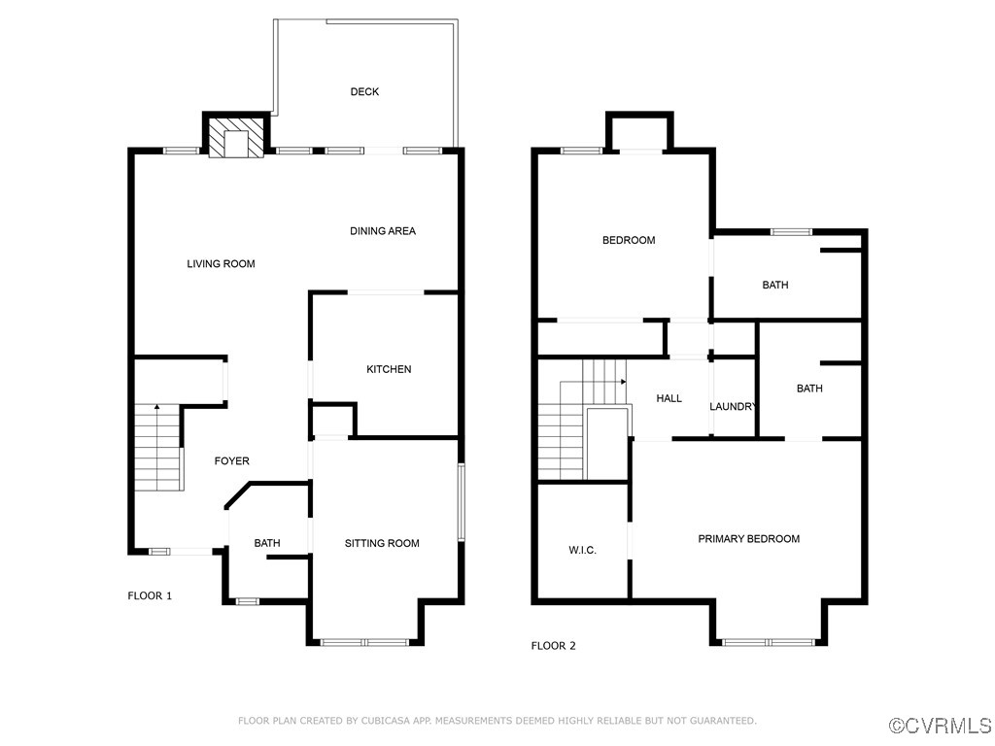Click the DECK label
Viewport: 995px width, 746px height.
coord(364,92)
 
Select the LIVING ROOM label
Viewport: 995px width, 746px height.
coord(221,264)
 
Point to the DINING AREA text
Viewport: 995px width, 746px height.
coord(383,231)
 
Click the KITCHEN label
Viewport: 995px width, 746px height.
coord(389,369)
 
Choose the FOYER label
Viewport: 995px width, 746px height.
coord(231,461)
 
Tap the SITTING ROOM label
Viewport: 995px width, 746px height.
coord(382,543)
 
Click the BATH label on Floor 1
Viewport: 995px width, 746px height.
coord(267,543)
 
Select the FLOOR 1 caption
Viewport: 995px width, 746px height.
coord(150,595)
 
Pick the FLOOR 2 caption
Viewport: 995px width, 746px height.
coord(553,646)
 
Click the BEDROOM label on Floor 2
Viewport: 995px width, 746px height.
coord(629,241)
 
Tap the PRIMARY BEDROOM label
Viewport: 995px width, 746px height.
coord(748,539)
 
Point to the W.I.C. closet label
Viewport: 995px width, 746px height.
coord(582,551)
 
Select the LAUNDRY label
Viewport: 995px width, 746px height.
coord(733,407)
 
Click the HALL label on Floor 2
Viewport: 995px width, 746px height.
coord(669,398)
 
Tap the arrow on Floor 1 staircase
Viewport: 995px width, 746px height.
coord(157,408)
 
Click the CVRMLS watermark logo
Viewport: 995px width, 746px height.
coord(941,726)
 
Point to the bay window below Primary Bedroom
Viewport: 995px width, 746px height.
coord(769,642)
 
